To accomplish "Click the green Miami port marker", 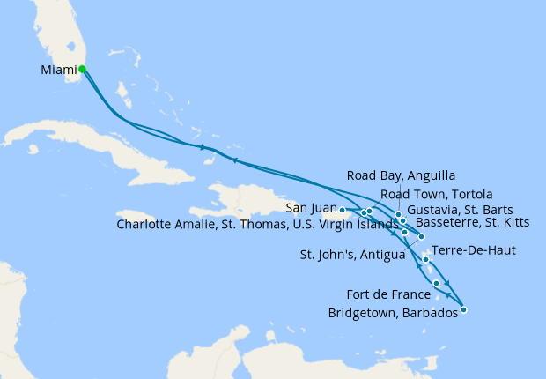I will pyautogui.click(x=82, y=69).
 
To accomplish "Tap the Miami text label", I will pyautogui.click(x=58, y=70).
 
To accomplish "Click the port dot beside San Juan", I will pyautogui.click(x=342, y=210).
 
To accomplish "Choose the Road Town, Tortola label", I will pyautogui.click(x=436, y=194).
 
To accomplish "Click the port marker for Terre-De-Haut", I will pyautogui.click(x=425, y=259).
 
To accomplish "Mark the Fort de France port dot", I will pyautogui.click(x=437, y=283).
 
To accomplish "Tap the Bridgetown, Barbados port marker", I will pyautogui.click(x=464, y=309).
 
